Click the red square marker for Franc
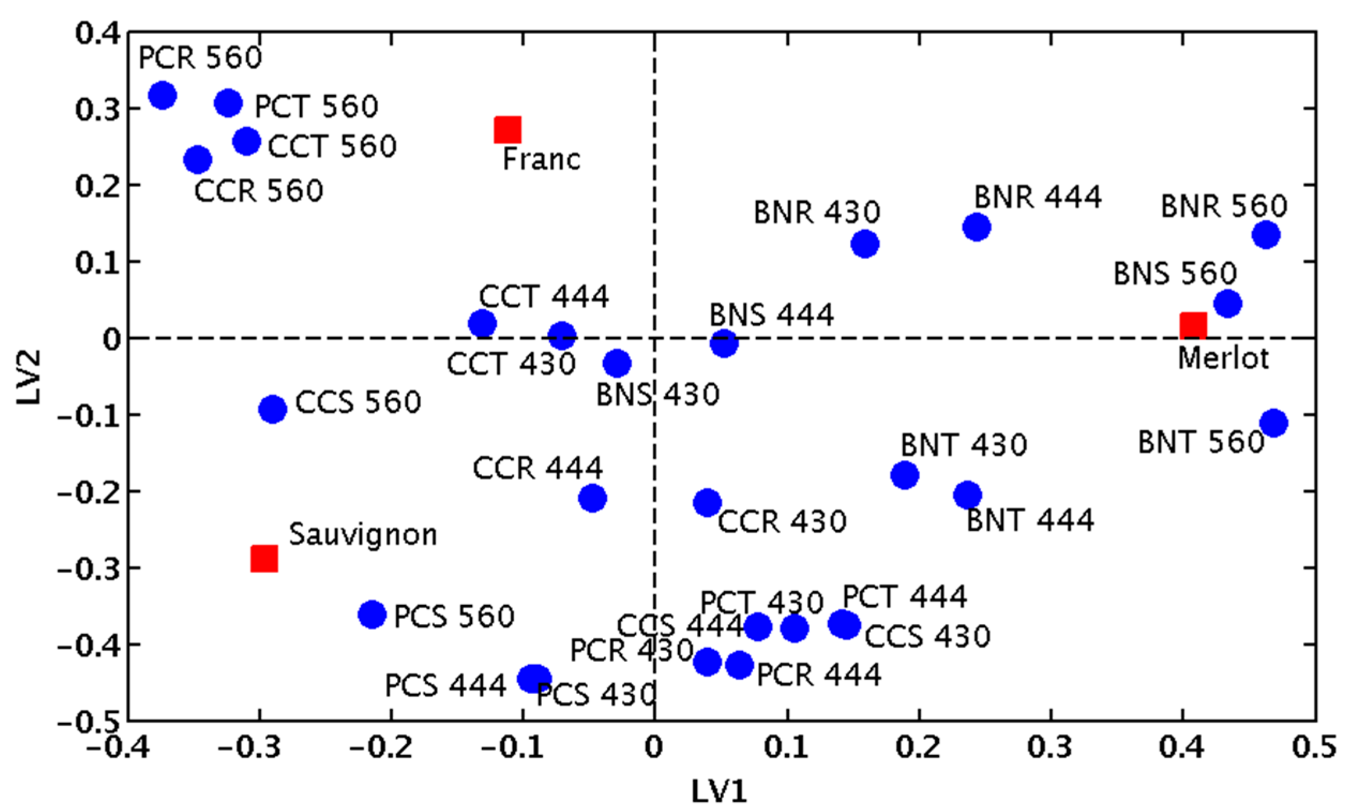[x=507, y=130]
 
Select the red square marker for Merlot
[x=1193, y=326]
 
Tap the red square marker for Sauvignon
[x=264, y=559]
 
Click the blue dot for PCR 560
[x=162, y=95]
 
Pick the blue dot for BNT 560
[x=1274, y=423]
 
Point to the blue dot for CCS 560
[x=273, y=409]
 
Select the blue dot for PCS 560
[x=372, y=615]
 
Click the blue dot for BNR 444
[x=977, y=227]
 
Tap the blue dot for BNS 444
[x=724, y=343]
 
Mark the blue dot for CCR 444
[x=593, y=498]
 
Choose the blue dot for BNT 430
[x=905, y=474]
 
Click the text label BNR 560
[x=1224, y=206]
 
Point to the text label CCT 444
[x=543, y=297]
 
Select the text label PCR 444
[x=819, y=675]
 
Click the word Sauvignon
[x=363, y=535]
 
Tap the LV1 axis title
[x=718, y=791]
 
